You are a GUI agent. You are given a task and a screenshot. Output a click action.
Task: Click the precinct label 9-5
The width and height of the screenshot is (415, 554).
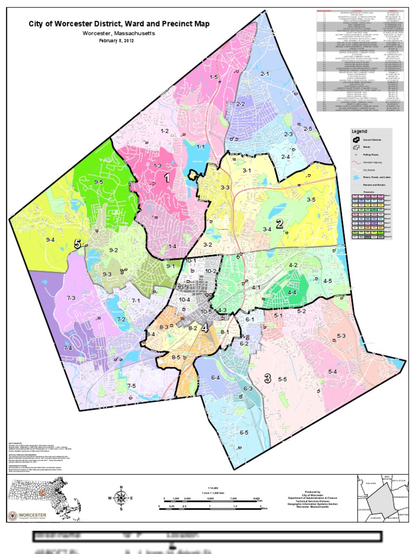pyautogui.click(x=98, y=182)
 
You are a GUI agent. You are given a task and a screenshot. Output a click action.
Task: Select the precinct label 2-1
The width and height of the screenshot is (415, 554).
pyautogui.click(x=265, y=73)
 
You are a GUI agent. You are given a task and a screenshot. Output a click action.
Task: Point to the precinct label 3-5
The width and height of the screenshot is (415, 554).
pyautogui.click(x=311, y=200)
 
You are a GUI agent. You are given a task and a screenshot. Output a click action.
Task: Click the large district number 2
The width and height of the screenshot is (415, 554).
pyautogui.click(x=280, y=223)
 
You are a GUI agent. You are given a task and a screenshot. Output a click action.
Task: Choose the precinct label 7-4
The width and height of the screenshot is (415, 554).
pyautogui.click(x=68, y=348)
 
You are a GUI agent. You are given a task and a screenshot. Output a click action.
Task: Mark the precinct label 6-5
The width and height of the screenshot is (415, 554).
pyautogui.click(x=244, y=432)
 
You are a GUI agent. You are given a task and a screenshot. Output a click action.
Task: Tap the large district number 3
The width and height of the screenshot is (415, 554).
pyautogui.click(x=267, y=378)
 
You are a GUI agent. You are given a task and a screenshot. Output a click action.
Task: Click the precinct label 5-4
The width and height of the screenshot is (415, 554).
pyautogui.click(x=332, y=372)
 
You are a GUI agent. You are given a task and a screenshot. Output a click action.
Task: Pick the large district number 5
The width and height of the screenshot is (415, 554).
pyautogui.click(x=78, y=245)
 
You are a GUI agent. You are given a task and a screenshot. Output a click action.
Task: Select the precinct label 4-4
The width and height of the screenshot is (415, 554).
pyautogui.click(x=292, y=292)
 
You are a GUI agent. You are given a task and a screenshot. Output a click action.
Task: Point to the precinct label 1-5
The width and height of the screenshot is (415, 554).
pyautogui.click(x=213, y=77)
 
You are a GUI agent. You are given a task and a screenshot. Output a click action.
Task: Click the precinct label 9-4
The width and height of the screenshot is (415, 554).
pyautogui.click(x=51, y=240)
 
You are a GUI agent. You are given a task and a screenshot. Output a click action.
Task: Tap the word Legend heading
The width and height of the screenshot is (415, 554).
pyautogui.click(x=359, y=131)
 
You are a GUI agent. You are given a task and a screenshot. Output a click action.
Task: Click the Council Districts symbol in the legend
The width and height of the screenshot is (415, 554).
pyautogui.click(x=356, y=139)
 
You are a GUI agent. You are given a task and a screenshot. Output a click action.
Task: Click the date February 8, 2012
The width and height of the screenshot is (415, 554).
pyautogui.click(x=119, y=42)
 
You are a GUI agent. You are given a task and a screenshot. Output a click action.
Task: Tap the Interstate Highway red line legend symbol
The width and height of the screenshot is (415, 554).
pyautogui.click(x=356, y=162)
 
